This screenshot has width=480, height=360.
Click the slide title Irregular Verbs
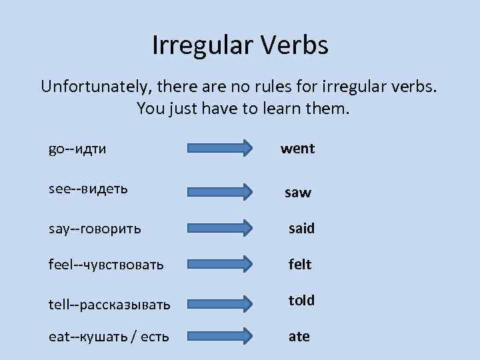[240, 46]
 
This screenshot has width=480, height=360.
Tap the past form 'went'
[297, 149]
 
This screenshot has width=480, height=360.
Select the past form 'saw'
[297, 193]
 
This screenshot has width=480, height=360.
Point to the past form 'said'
[301, 229]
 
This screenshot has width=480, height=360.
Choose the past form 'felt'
[300, 265]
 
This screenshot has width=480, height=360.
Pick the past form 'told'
[301, 301]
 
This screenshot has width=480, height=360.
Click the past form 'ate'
[299, 337]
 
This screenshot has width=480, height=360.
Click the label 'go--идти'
[77, 149]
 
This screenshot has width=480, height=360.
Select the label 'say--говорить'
[95, 229]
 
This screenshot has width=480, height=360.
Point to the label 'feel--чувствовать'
[106, 265]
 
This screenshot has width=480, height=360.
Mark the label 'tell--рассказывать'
[109, 305]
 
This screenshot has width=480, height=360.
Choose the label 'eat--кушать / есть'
[109, 337]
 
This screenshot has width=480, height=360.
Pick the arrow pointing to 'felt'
[219, 265]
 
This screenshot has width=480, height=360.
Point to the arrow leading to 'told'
[219, 304]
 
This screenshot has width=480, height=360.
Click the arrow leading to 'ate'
[219, 337]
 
